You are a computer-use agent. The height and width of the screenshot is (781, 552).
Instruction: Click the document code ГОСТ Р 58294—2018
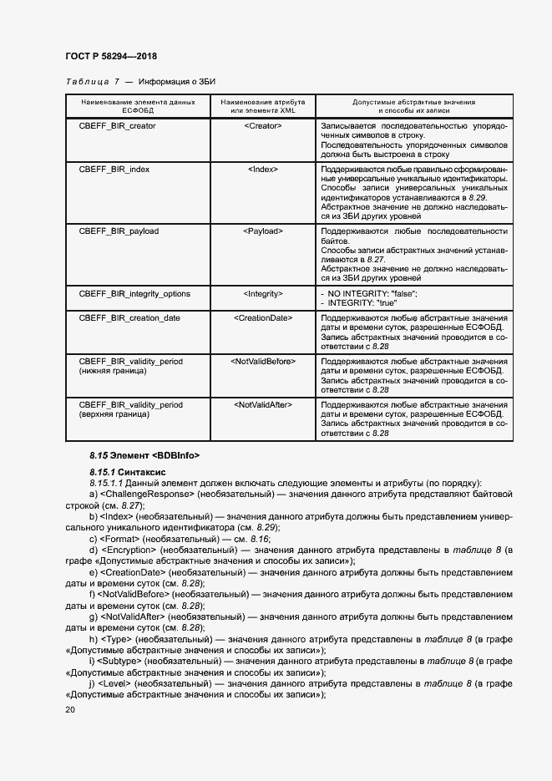110,56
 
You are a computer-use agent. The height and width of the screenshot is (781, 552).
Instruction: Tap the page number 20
69,709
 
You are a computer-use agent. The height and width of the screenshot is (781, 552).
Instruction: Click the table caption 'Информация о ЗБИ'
177,82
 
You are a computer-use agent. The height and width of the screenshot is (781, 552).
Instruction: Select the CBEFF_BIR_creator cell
117,125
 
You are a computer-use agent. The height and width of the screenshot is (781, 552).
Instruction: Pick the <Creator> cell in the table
263,125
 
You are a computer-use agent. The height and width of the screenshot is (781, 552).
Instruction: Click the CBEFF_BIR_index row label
114,169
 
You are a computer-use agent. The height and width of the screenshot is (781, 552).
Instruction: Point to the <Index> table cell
263,169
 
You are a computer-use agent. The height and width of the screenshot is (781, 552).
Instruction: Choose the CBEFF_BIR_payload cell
119,231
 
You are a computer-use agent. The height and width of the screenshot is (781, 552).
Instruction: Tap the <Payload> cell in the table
263,231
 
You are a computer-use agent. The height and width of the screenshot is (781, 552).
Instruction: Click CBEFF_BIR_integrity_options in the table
134,293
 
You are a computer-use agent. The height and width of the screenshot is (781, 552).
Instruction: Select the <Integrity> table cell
263,293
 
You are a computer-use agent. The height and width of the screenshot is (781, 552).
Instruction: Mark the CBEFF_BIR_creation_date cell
129,318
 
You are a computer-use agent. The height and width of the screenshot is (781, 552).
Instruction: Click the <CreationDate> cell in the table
263,318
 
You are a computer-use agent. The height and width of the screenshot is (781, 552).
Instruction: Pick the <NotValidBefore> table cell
263,361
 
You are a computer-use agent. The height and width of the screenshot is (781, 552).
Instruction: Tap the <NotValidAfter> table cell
263,404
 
